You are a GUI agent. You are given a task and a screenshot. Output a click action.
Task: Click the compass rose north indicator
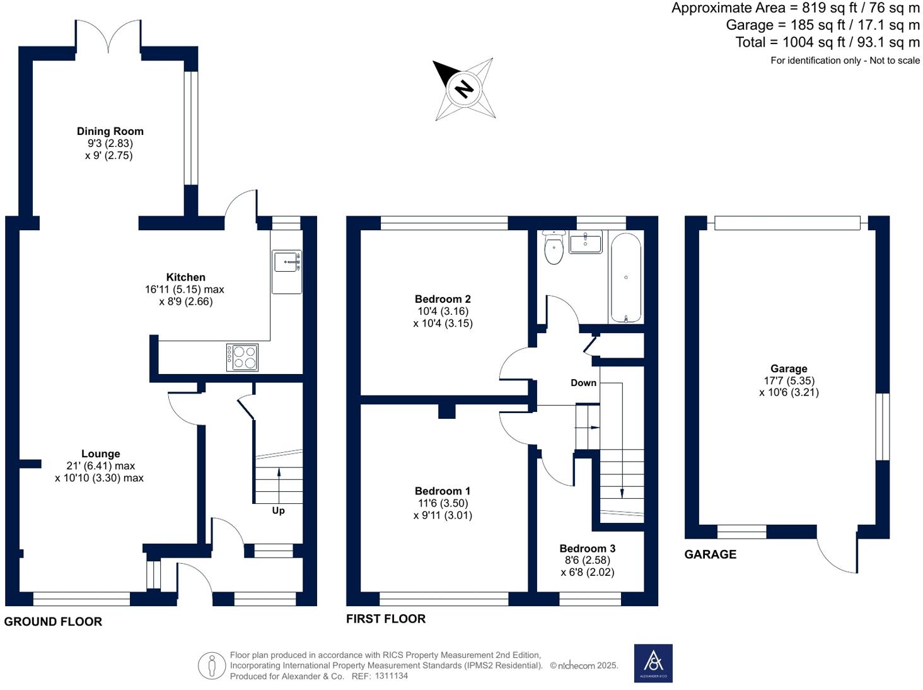point(463,89)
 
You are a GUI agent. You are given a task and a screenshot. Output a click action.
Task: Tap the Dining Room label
point(110,131)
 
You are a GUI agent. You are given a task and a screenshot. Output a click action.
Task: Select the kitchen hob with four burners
point(242,358)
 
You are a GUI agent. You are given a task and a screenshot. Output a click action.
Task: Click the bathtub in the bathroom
point(625,277)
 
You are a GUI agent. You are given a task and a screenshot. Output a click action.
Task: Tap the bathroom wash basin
point(585,242)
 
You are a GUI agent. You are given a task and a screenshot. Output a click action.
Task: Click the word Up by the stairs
point(278,510)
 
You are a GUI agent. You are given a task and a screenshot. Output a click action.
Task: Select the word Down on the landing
point(583,383)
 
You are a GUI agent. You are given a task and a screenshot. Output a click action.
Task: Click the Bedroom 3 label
point(587,549)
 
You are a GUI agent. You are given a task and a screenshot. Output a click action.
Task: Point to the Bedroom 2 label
point(443,299)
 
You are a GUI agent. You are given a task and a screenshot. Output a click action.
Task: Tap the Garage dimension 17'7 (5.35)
point(789,380)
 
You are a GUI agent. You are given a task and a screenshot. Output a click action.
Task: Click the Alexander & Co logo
point(653,663)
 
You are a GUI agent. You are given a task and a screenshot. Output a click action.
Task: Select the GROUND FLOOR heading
point(53,622)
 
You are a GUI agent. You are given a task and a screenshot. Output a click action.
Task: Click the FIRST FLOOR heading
point(386,619)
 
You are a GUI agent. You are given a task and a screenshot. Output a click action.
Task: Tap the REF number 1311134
point(392,676)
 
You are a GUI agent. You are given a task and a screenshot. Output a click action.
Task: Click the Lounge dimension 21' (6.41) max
point(101,466)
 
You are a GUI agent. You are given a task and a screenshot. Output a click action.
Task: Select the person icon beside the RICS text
point(212,665)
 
